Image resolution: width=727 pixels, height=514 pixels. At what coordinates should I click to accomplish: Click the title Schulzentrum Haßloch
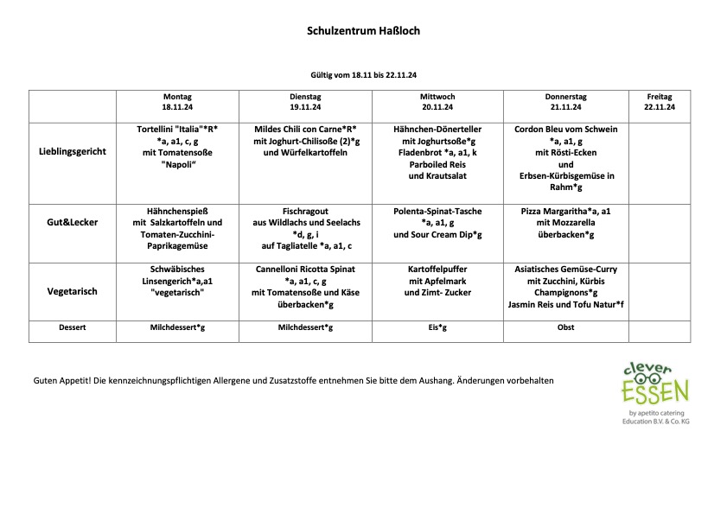[363, 31]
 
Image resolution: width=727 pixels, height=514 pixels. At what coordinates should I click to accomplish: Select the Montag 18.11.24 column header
[177, 102]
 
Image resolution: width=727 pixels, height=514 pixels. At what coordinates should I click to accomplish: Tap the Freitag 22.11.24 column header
[659, 102]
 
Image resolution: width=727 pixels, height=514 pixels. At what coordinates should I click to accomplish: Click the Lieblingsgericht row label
[73, 151]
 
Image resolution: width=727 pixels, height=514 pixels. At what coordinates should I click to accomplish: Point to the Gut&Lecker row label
[73, 222]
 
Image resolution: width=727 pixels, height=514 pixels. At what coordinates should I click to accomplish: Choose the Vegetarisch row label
[73, 291]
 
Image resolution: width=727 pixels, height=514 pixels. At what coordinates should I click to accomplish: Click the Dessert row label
[73, 328]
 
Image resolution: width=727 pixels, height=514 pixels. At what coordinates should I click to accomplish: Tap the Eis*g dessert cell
[437, 328]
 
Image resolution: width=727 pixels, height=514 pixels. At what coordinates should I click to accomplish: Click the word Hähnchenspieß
[177, 211]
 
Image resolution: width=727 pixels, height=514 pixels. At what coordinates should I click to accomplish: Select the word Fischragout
[306, 211]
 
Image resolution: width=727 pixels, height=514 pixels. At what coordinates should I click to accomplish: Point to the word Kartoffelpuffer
[437, 269]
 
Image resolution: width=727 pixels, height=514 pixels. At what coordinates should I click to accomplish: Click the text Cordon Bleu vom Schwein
[565, 130]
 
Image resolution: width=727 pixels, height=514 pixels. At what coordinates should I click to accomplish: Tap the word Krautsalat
[437, 176]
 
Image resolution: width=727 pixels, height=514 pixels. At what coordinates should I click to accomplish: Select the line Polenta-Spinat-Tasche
[437, 211]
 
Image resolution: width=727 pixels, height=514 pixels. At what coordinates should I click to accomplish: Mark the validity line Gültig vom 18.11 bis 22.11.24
[363, 76]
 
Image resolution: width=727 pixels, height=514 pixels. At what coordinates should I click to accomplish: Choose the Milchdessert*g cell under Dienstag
[306, 328]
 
